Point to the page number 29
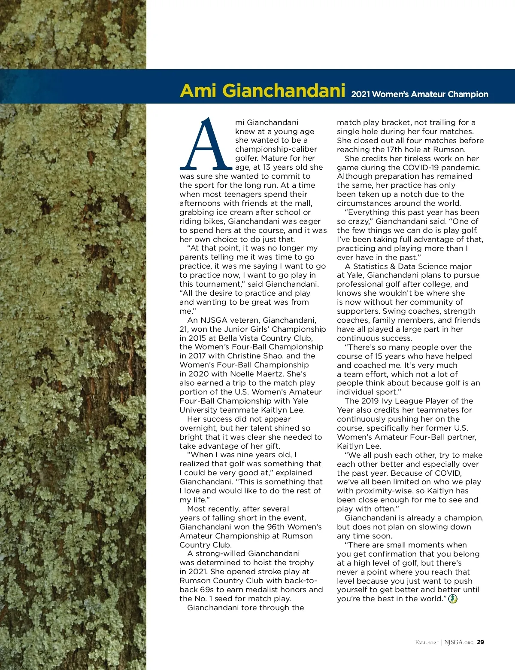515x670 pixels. coord(481,642)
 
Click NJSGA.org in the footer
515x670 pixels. coord(459,642)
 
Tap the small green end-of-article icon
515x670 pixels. coord(453,599)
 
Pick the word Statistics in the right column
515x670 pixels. coord(370,266)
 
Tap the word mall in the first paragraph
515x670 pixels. coord(304,203)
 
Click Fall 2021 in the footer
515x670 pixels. coord(427,642)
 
